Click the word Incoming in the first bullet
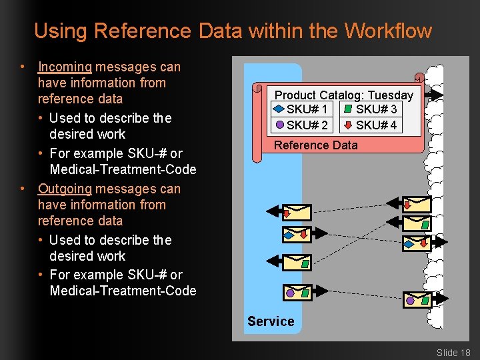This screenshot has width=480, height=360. tap(65, 67)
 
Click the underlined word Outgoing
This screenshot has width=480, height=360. tap(65, 189)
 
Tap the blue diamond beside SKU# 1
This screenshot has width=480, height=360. tap(277, 109)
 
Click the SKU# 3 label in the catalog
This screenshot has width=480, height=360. tap(376, 109)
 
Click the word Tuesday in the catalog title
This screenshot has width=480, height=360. tap(390, 95)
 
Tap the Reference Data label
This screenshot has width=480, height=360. tap(315, 145)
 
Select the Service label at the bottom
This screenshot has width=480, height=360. tap(271, 321)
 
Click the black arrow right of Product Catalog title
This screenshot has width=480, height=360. tap(433, 94)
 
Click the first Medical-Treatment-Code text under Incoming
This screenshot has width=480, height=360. tap(123, 169)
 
